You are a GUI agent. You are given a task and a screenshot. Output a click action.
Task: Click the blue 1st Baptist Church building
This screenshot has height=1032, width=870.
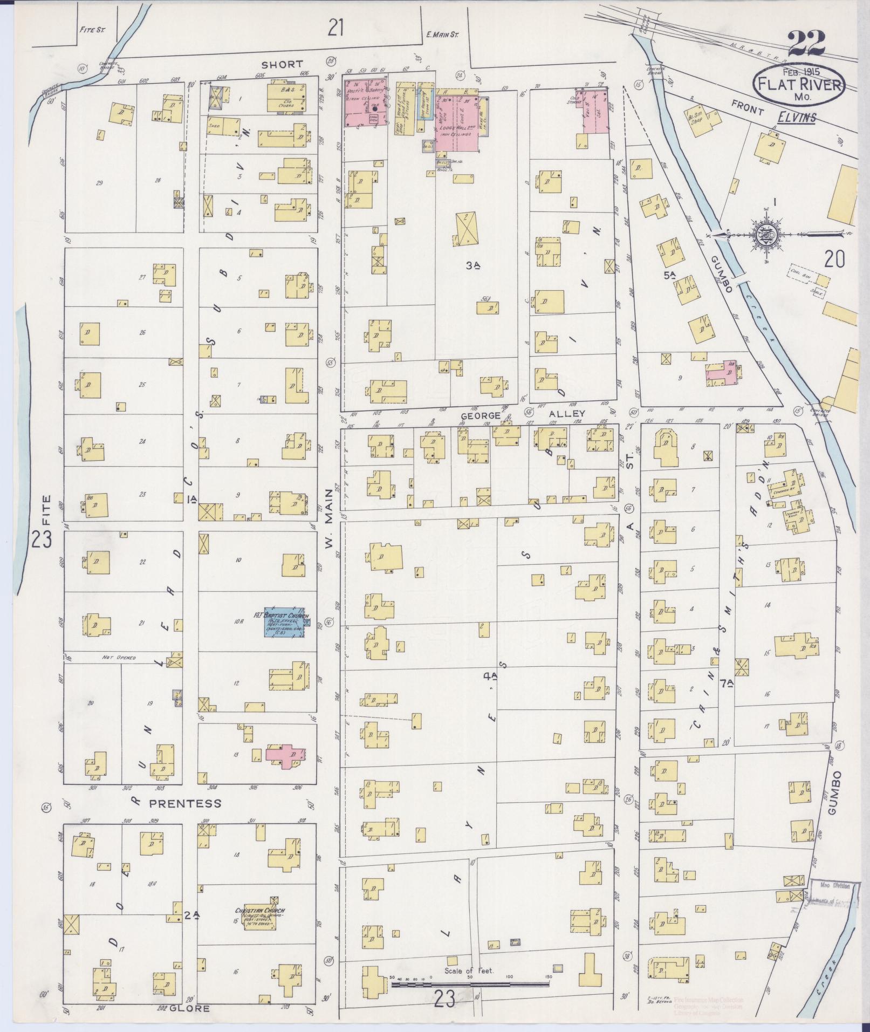tap(283, 624)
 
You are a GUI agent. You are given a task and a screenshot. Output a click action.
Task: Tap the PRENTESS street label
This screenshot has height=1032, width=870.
tap(178, 803)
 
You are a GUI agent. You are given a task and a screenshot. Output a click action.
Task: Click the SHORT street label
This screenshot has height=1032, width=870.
tap(283, 64)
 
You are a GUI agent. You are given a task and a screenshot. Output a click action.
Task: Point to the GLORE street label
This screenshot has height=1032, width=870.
tap(189, 1008)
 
